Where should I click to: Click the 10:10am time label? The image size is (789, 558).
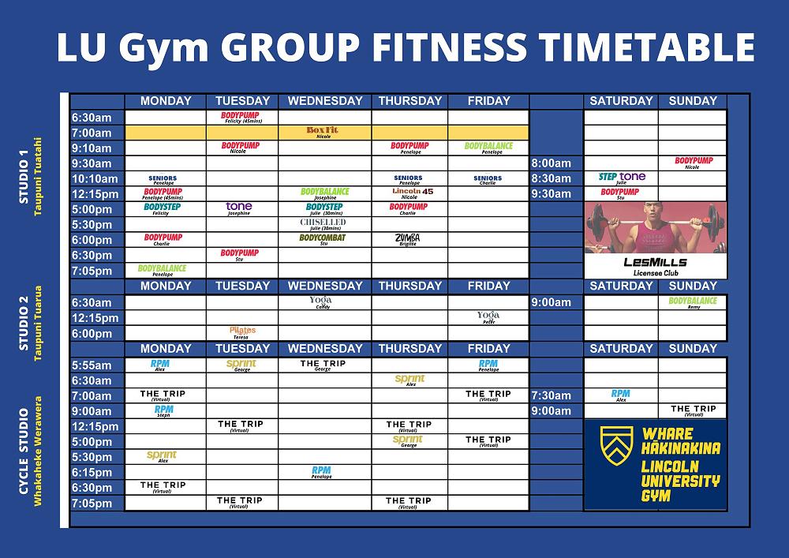(95, 178)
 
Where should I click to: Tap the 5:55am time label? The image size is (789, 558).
(92, 365)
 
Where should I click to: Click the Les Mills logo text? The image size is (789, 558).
(655, 262)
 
